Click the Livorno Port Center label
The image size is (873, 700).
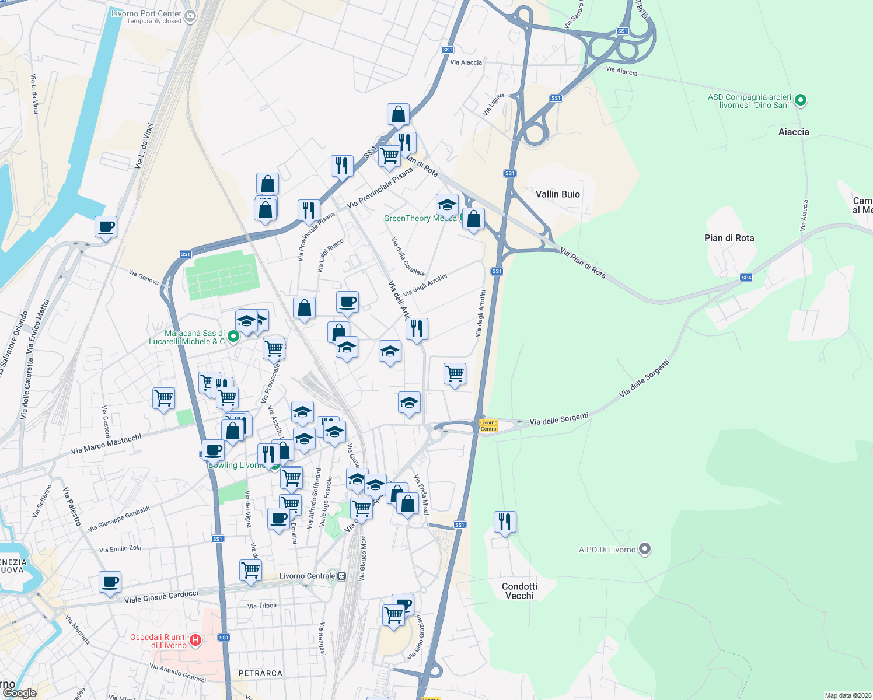click(x=146, y=13)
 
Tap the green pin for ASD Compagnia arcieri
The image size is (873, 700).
click(x=801, y=100)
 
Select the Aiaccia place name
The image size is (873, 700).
click(x=794, y=132)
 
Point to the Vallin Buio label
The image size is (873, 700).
click(x=557, y=194)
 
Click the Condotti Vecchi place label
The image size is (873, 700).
click(x=519, y=590)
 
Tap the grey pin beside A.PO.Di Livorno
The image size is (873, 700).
click(x=644, y=549)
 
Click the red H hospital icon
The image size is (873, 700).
click(x=195, y=640)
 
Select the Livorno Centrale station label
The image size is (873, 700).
click(x=307, y=576)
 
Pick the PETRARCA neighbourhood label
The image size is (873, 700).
click(x=260, y=673)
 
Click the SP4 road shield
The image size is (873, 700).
click(x=746, y=278)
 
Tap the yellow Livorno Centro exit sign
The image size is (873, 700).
click(x=488, y=426)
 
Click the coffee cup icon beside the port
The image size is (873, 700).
click(x=106, y=226)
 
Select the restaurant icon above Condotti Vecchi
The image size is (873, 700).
click(x=505, y=521)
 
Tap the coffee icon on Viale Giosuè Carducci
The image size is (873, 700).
click(x=110, y=582)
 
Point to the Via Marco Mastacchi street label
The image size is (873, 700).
click(x=106, y=444)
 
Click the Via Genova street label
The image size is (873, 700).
click(x=144, y=276)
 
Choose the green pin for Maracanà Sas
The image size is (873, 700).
click(x=233, y=337)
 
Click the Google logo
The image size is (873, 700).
click(x=19, y=692)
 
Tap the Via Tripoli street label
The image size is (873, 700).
click(x=261, y=605)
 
